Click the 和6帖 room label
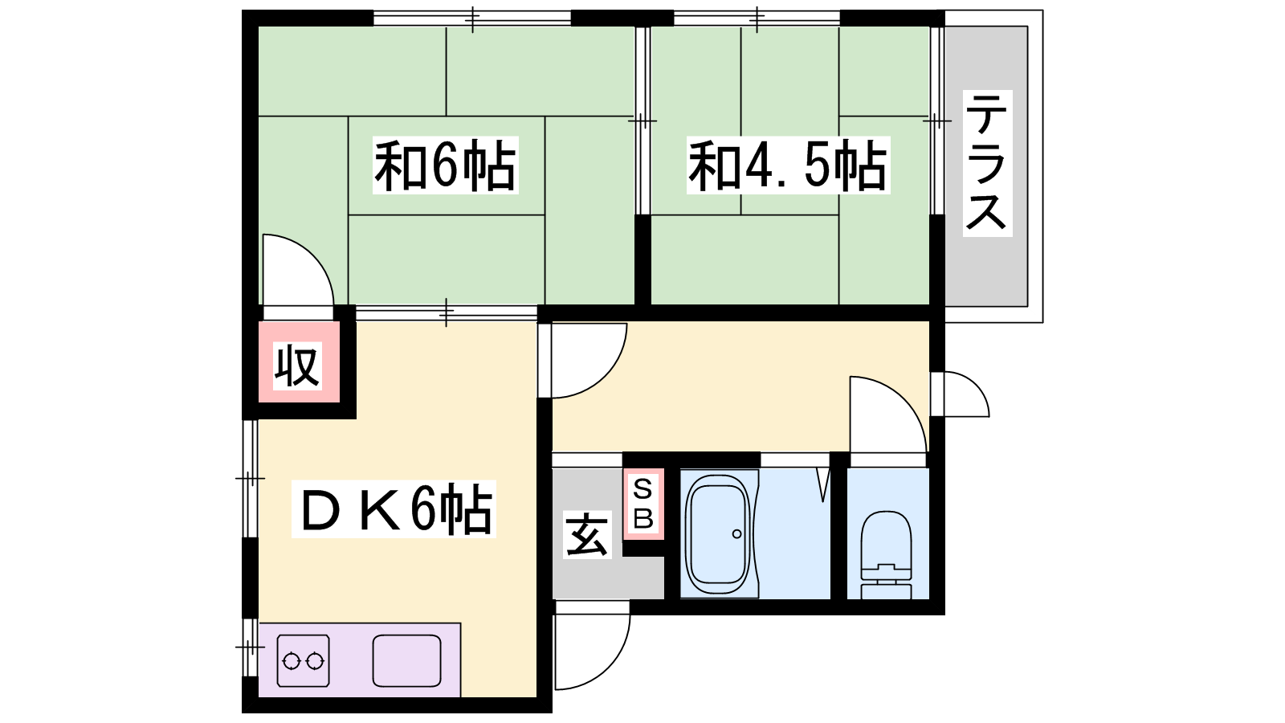click(445, 165)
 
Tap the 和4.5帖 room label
click(788, 165)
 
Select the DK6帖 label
click(394, 509)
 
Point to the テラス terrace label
click(987, 164)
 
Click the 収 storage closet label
click(296, 366)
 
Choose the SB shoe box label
click(643, 504)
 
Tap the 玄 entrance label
click(586, 535)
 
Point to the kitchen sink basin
click(406, 660)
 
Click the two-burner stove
click(303, 660)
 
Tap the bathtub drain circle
click(736, 534)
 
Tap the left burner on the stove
click(292, 662)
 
